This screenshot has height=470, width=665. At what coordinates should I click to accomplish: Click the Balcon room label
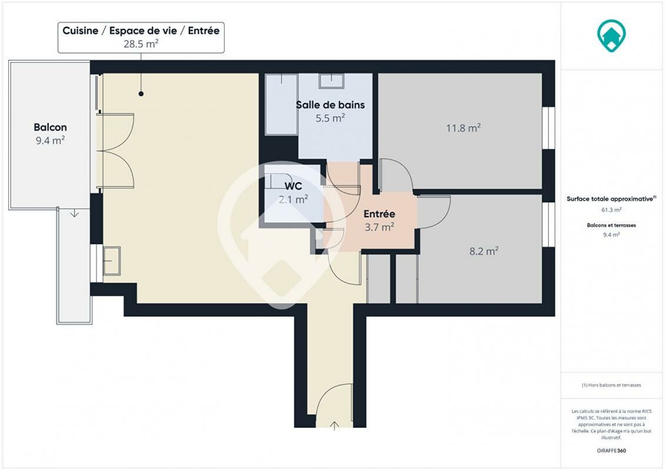[x=50, y=127]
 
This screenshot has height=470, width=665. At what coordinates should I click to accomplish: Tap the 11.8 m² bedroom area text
[x=463, y=127]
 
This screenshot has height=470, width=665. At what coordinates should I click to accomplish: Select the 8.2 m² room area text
[x=483, y=251]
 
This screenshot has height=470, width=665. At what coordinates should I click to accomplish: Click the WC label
[x=293, y=186]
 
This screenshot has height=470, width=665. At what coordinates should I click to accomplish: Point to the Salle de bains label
[x=330, y=105]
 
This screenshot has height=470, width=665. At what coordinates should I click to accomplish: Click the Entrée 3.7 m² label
[x=379, y=220]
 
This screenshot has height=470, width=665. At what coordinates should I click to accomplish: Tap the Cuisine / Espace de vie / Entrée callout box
[x=141, y=38]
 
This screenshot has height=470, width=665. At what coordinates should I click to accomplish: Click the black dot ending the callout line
[x=141, y=93]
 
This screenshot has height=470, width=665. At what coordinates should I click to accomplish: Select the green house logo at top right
[x=611, y=36]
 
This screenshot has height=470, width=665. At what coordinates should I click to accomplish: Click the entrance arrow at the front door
[x=334, y=425]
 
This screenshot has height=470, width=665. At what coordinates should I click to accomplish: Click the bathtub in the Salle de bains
[x=281, y=104]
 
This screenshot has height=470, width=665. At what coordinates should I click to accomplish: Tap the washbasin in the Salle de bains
[x=331, y=81]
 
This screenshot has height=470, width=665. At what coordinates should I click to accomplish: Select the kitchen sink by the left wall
[x=112, y=261]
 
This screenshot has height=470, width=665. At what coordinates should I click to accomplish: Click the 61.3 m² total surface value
[x=611, y=210]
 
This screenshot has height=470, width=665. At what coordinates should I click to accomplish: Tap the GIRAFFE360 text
[x=611, y=451]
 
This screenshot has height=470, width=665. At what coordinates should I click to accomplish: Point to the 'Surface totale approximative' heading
[x=611, y=199]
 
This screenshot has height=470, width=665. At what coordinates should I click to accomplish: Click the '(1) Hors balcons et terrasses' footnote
[x=611, y=385]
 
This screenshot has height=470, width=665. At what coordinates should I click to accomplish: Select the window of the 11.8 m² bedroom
[x=549, y=128]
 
